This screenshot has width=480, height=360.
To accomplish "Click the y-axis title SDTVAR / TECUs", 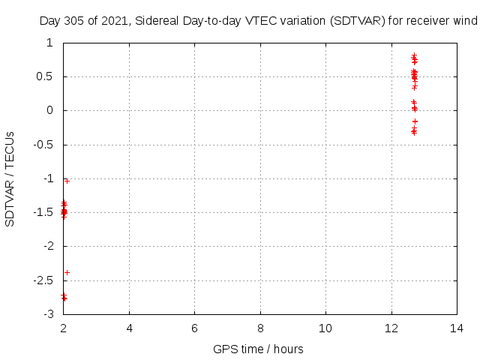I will click(x=10, y=178).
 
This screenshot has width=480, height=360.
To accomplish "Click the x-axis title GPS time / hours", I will click(x=258, y=349).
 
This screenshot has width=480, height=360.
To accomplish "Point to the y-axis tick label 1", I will click(x=49, y=43).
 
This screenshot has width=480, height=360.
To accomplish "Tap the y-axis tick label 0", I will click(x=49, y=110).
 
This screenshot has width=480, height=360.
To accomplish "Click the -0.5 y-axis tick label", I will click(x=43, y=145).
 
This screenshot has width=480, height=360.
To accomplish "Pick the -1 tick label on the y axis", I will click(x=48, y=178).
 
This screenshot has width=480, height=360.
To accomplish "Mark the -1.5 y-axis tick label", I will click(x=43, y=212).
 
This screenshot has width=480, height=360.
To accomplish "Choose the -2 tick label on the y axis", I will click(x=48, y=246).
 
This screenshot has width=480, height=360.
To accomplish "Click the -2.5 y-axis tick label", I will click(x=43, y=280).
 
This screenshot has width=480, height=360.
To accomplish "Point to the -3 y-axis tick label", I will click(x=48, y=314).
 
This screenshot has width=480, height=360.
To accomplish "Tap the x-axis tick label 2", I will click(x=64, y=328).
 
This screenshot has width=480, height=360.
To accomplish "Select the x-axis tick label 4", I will click(x=129, y=328).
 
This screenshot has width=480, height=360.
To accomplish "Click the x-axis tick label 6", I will click(x=195, y=328).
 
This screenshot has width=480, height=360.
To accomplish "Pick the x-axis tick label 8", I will click(x=260, y=328).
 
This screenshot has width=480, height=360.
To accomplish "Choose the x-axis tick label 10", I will click(x=325, y=328).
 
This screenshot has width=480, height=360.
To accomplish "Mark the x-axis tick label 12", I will click(x=391, y=328).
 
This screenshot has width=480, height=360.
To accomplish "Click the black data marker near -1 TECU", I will click(x=67, y=181).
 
